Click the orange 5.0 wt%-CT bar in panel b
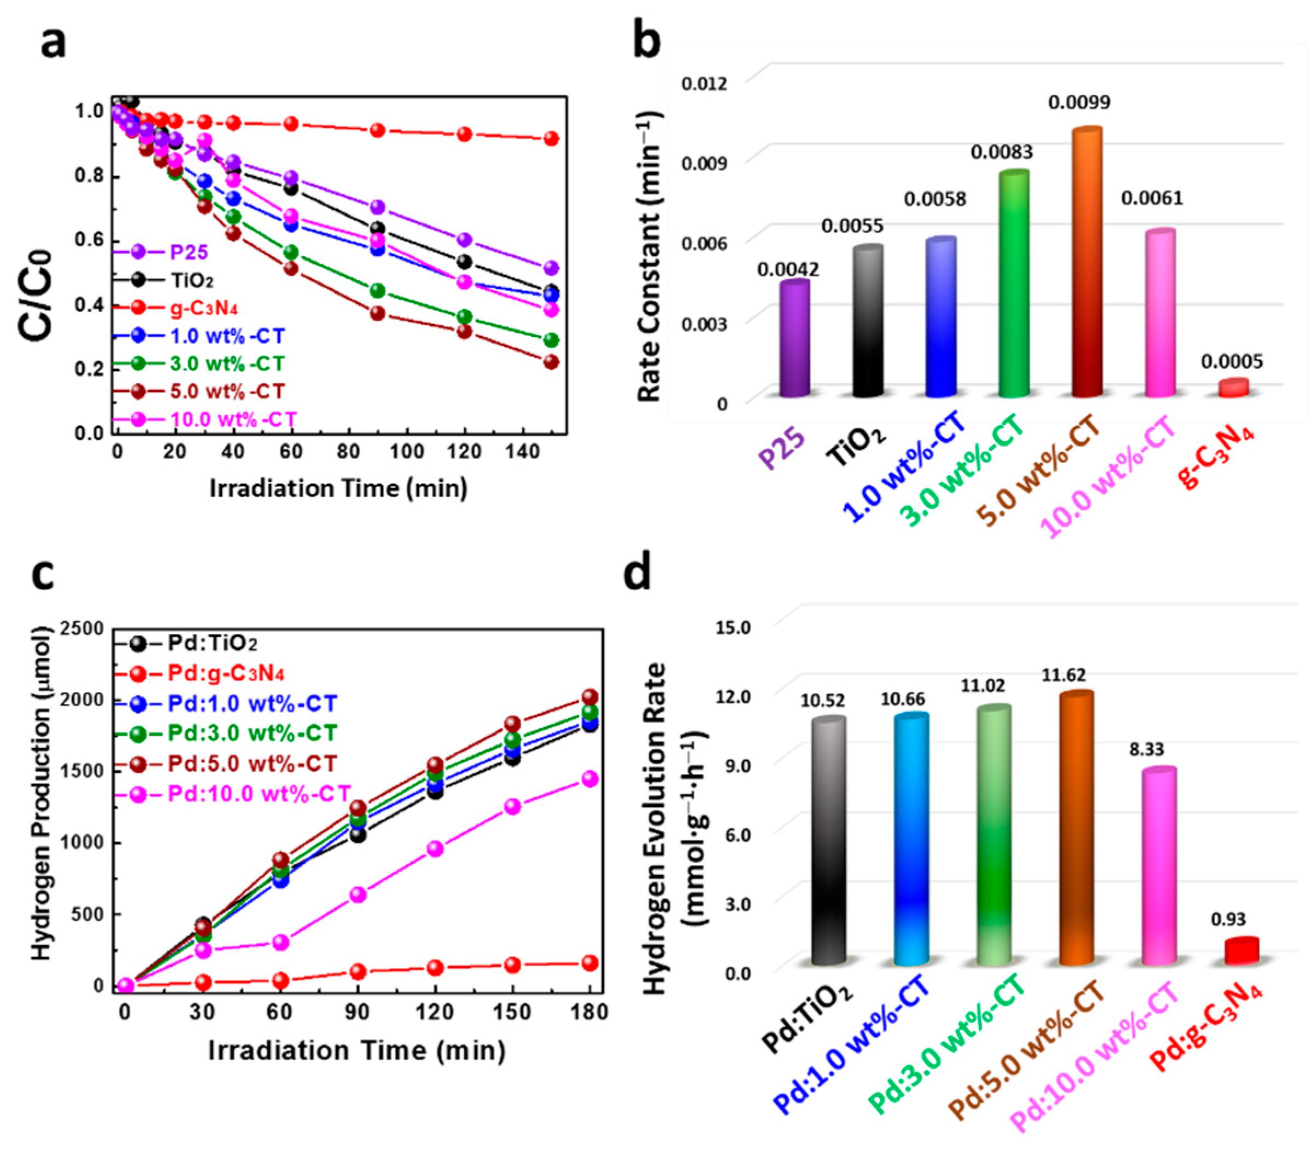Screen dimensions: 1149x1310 click(1087, 263)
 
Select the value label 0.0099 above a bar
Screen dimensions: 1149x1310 click(1080, 102)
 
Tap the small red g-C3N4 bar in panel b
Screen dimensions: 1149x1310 click(1233, 388)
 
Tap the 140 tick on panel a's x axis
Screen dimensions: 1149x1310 click(522, 452)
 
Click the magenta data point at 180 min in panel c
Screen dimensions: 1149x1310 click(589, 780)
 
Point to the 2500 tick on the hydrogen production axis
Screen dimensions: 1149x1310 click(82, 630)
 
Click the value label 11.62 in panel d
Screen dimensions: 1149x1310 click(1063, 675)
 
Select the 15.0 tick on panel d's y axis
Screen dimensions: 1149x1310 click(732, 627)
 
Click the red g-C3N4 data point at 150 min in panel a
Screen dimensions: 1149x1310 click(551, 139)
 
